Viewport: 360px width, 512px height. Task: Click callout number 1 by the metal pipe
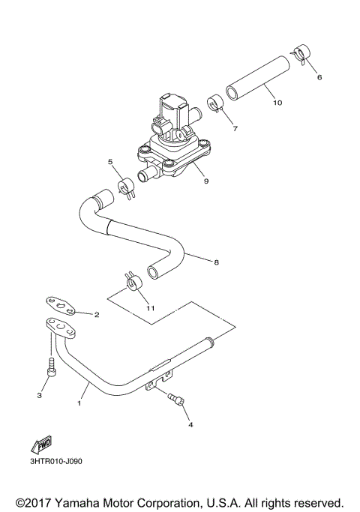tap(79, 403)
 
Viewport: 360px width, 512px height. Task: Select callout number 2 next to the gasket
tap(96, 316)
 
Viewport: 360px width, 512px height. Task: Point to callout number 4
tap(190, 424)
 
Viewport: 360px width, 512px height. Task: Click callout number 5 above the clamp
tap(109, 162)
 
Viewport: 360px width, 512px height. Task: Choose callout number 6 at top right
tap(319, 77)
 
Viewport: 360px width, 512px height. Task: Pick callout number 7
tap(235, 129)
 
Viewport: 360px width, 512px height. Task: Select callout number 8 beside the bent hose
tap(216, 262)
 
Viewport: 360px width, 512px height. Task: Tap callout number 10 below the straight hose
tap(277, 103)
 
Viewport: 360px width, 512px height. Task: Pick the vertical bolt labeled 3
tap(50, 367)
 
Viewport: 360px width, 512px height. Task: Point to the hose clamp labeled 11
tap(133, 283)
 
